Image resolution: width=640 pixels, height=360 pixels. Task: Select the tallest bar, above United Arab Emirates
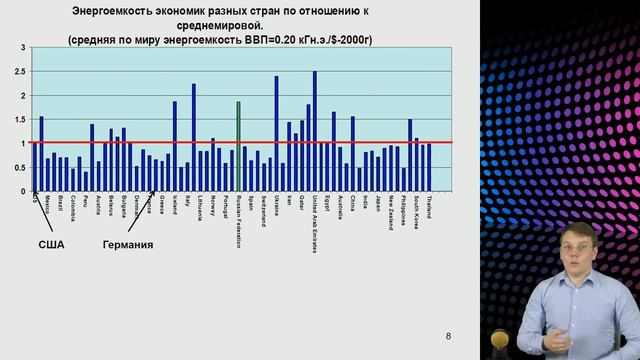[x=314, y=131]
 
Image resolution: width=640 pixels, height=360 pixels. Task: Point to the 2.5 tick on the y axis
[x=23, y=72]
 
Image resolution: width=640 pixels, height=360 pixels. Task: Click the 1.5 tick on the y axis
[x=23, y=120]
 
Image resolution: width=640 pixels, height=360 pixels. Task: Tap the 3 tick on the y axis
[x=23, y=48]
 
